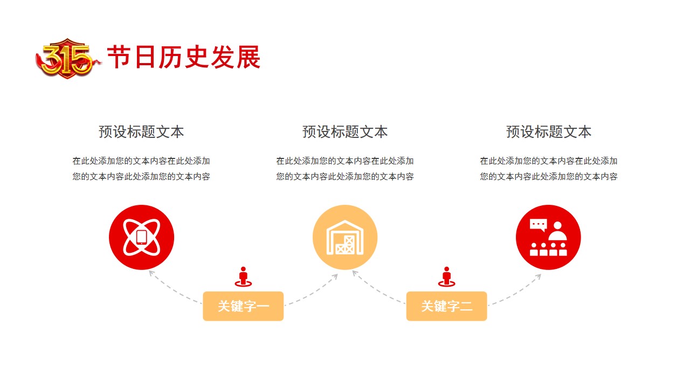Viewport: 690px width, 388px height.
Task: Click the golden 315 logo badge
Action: click(x=67, y=59)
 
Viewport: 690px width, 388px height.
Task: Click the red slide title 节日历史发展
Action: click(x=184, y=57)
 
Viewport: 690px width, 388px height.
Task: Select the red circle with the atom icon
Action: click(x=141, y=238)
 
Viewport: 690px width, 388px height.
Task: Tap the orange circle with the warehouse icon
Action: click(x=345, y=238)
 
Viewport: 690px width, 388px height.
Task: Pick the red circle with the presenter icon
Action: click(x=548, y=238)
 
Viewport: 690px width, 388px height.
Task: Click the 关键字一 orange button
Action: click(x=243, y=306)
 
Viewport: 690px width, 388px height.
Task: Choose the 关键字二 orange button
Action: click(x=447, y=306)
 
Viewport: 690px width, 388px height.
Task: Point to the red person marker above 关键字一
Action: click(x=243, y=277)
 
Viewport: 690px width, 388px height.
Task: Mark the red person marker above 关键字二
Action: click(x=447, y=277)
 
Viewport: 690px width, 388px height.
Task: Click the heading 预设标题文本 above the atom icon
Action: click(x=141, y=132)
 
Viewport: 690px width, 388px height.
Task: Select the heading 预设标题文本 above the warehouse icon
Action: click(x=345, y=132)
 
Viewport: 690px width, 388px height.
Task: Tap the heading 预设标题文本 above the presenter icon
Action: click(x=549, y=132)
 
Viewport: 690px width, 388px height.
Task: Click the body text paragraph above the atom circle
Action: click(x=141, y=169)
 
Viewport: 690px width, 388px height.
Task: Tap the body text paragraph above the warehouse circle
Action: click(x=345, y=169)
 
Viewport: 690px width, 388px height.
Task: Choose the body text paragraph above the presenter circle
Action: click(x=549, y=169)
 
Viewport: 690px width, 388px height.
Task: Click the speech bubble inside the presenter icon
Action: click(x=538, y=225)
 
